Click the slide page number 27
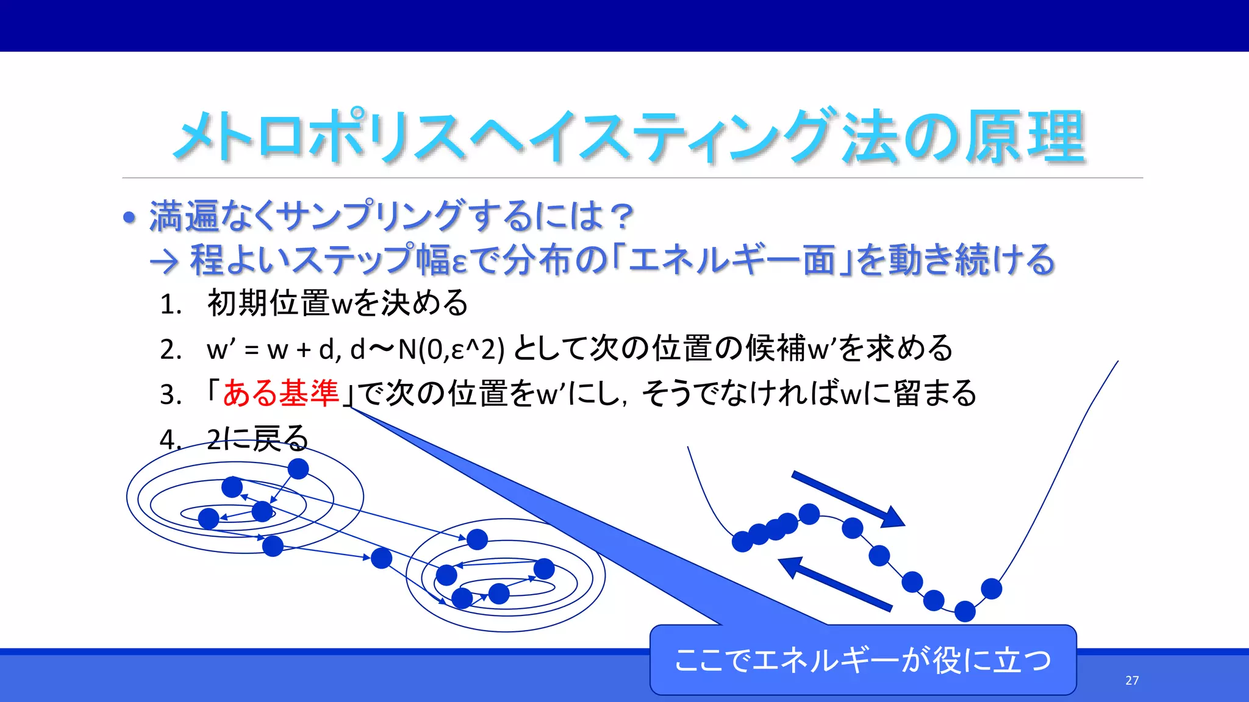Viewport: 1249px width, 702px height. click(1132, 680)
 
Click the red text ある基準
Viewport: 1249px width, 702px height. click(281, 393)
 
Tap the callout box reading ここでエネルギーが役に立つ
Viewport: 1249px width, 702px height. click(863, 660)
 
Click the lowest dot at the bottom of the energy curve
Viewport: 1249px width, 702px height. click(965, 611)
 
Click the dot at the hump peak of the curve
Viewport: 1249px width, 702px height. click(809, 514)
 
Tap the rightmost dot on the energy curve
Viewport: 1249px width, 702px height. click(992, 589)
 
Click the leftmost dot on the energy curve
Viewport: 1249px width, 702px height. click(742, 541)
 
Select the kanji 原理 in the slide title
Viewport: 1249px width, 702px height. click(1025, 138)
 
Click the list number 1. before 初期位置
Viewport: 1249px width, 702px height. click(171, 304)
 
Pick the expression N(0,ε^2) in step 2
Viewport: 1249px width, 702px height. click(451, 349)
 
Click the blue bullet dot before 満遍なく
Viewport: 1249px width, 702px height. click(129, 218)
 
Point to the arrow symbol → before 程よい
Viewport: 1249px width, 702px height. click(164, 261)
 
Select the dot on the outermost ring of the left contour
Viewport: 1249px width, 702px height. click(298, 469)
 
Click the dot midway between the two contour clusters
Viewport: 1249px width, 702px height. click(381, 558)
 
